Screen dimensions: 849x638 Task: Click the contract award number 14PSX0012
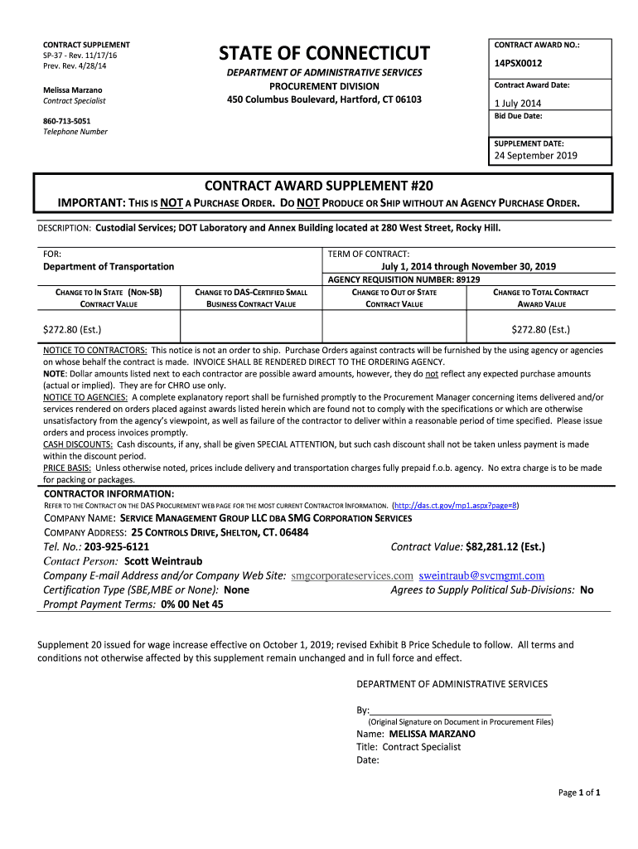click(518, 62)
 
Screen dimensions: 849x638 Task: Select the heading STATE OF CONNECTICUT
click(324, 54)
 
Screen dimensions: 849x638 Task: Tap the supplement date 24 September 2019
click(535, 155)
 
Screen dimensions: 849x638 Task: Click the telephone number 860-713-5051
click(67, 120)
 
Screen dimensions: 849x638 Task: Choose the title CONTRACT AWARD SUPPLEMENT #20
click(319, 185)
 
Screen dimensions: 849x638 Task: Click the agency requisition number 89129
click(468, 279)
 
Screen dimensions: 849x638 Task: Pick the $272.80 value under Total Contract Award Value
click(540, 329)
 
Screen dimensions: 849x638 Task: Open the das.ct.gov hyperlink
click(455, 505)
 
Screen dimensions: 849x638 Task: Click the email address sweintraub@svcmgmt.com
click(481, 575)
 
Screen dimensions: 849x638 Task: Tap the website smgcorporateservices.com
click(352, 575)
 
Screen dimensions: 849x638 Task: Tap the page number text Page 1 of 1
click(579, 793)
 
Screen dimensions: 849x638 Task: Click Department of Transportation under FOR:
click(109, 266)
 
